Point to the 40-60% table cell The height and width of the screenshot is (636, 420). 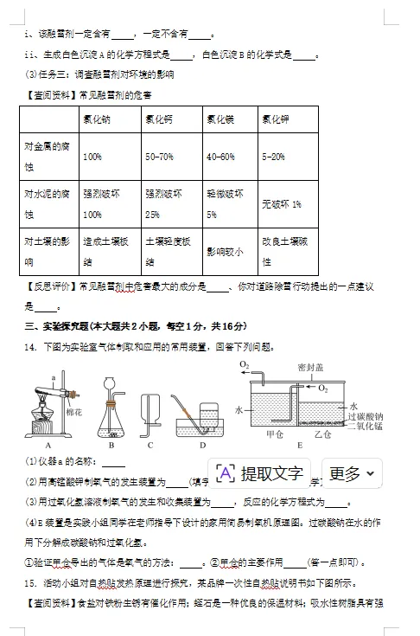tap(220, 157)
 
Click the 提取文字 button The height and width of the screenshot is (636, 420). tap(263, 473)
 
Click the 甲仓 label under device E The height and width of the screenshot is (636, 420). tap(275, 434)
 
